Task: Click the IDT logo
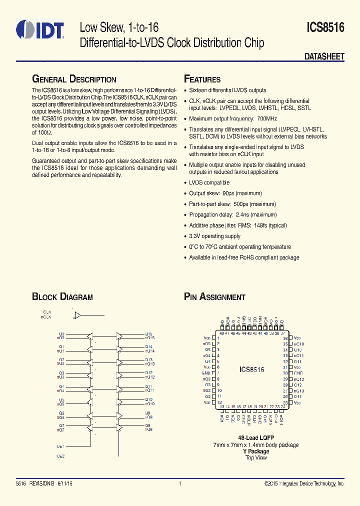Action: coord(40,29)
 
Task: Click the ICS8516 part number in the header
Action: coord(325,28)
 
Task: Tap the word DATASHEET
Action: coord(324,56)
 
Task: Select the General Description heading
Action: coord(74,79)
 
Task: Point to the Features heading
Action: coord(202,79)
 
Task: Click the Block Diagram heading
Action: coord(62,297)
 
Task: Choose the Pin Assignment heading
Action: coord(214,297)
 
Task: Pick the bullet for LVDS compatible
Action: coord(185,182)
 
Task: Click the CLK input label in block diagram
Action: coord(47,311)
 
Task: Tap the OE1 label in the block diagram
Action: coord(60,446)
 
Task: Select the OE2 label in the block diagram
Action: coord(60,456)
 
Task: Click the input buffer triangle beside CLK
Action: coord(77,315)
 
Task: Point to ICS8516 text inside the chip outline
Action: coord(251,370)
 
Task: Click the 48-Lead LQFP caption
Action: coord(255,437)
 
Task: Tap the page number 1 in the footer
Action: coord(179,483)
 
